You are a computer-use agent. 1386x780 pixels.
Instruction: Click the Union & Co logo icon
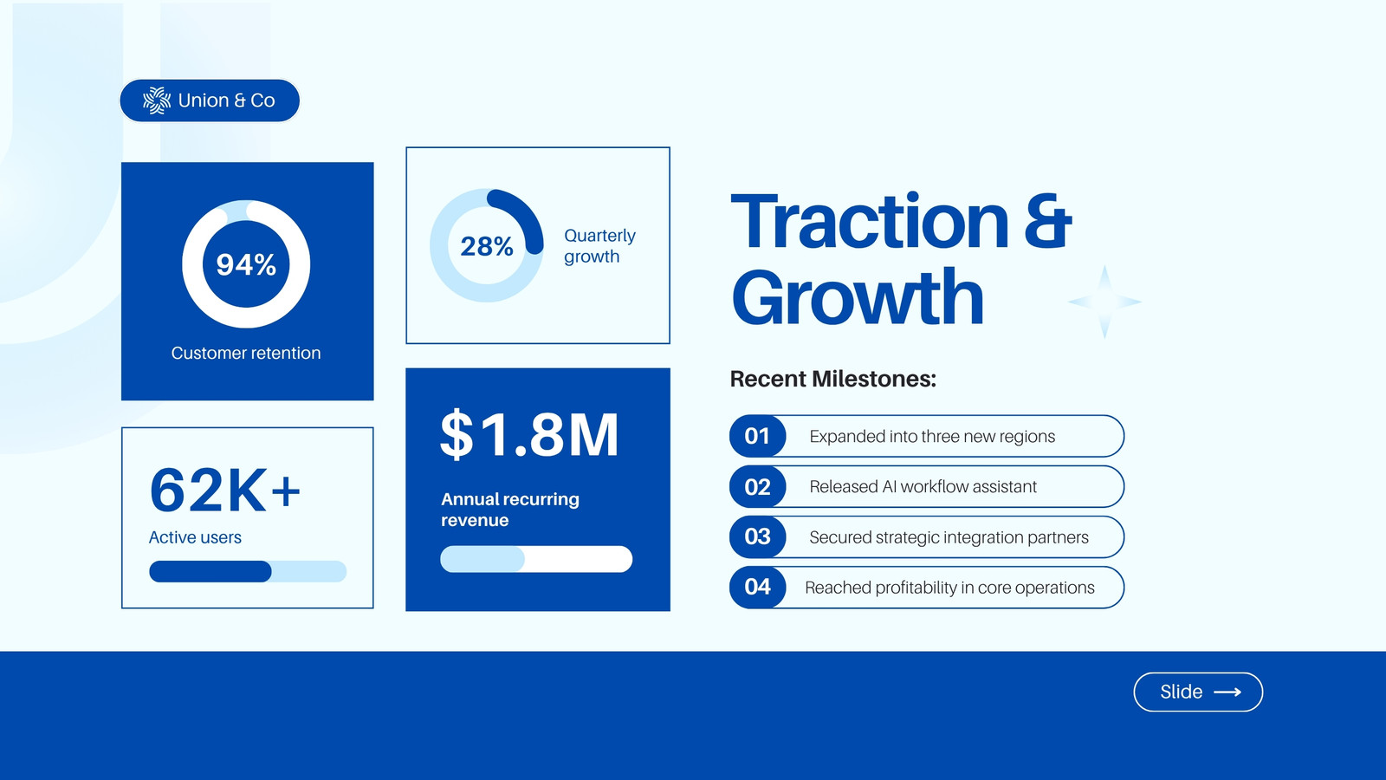[157, 101]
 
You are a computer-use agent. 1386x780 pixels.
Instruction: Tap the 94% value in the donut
[246, 264]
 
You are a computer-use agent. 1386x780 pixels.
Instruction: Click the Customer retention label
[246, 353]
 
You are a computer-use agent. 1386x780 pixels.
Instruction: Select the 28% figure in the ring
[486, 246]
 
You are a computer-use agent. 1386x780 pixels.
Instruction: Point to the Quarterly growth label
[599, 246]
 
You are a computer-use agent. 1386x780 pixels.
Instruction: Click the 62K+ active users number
[225, 491]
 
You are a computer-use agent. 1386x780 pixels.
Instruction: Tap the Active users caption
[195, 537]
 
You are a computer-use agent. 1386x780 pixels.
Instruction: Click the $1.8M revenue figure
[529, 434]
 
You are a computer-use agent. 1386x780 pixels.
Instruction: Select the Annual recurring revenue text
[510, 510]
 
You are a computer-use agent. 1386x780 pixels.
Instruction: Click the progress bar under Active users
[248, 571]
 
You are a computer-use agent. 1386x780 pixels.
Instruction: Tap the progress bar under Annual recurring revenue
[536, 559]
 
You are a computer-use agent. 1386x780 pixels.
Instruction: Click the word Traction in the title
[870, 221]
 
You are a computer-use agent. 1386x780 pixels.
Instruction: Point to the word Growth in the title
[858, 297]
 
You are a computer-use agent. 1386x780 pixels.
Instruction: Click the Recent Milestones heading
[832, 379]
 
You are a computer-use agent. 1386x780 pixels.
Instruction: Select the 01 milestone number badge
[757, 436]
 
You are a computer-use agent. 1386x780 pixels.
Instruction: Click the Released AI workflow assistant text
[923, 486]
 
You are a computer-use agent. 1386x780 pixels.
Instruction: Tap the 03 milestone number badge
[757, 536]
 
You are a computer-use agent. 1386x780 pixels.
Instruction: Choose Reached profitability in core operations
[949, 588]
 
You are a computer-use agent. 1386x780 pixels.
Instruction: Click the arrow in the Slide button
[1227, 692]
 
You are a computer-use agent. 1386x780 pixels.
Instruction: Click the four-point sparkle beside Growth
[1104, 302]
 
